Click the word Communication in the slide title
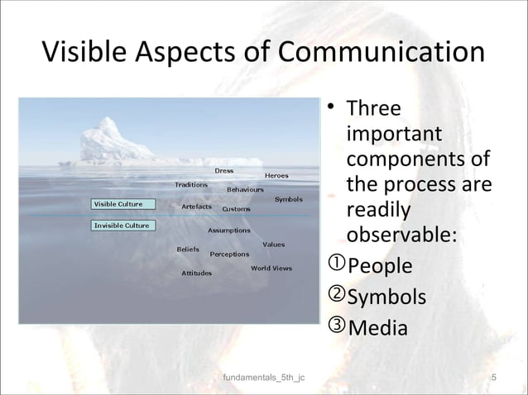click(382, 53)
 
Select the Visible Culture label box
click(119, 203)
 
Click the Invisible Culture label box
click(122, 225)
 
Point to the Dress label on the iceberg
click(223, 170)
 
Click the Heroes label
click(276, 175)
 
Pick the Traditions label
click(191, 184)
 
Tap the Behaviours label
click(245, 189)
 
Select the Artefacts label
click(197, 206)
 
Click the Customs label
click(237, 209)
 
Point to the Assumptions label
click(228, 231)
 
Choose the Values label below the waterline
click(274, 245)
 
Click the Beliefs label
click(188, 248)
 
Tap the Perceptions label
click(229, 254)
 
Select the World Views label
click(271, 268)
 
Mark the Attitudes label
click(196, 273)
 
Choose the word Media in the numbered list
click(377, 327)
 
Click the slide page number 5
click(493, 378)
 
